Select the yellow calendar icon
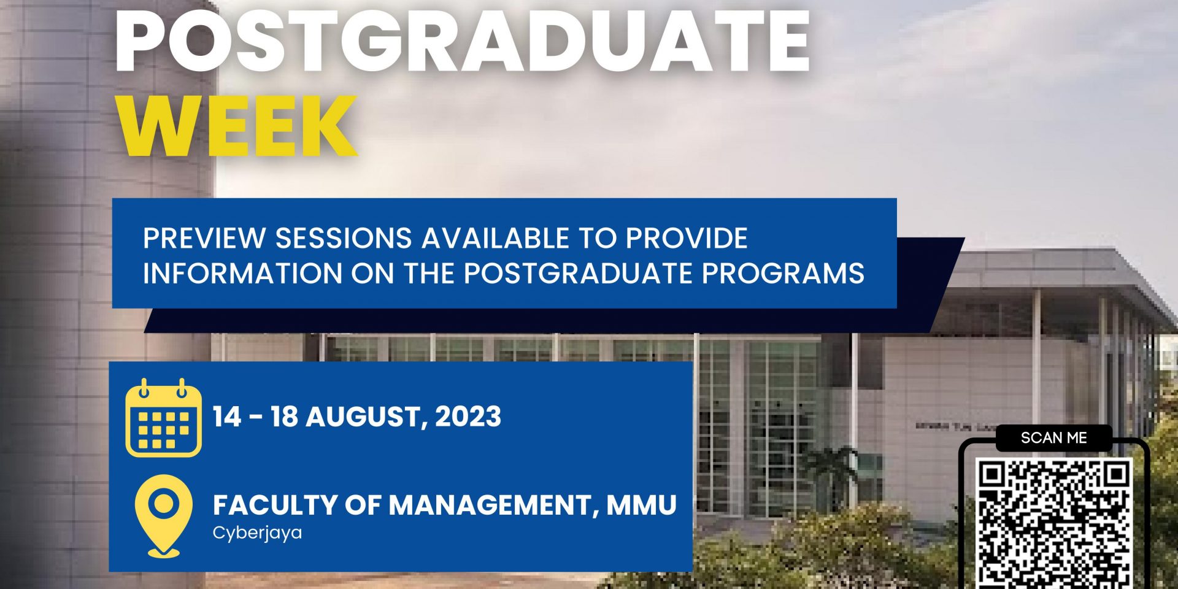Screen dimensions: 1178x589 [163, 418]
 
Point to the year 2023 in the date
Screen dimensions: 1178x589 [468, 417]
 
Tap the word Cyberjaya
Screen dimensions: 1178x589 [257, 533]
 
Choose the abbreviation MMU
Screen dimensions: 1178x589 [641, 505]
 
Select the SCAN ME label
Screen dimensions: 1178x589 [1053, 437]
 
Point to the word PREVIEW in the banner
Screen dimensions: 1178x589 [204, 238]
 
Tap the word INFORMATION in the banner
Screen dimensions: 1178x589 [242, 273]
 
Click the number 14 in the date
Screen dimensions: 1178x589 [227, 417]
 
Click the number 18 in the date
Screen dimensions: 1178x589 [284, 417]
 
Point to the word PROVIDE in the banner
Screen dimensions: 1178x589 [686, 238]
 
